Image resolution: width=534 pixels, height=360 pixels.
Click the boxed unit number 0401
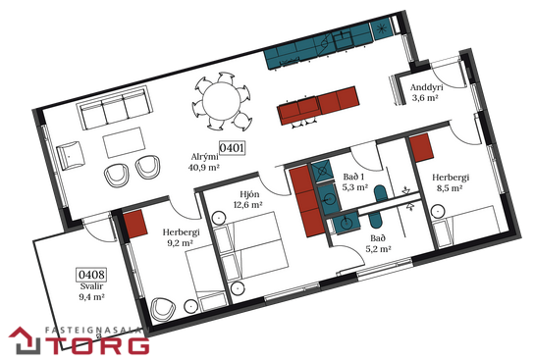point(232,148)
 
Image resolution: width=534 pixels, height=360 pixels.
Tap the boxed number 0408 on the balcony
point(91,275)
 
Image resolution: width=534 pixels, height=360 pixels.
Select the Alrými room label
point(205,157)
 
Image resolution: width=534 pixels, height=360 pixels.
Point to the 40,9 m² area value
point(203,167)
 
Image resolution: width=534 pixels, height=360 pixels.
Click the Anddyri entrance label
point(427,87)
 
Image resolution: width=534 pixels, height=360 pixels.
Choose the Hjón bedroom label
point(249,194)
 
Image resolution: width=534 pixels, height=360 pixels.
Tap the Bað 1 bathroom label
point(353,177)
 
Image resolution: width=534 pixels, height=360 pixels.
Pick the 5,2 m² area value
point(378,249)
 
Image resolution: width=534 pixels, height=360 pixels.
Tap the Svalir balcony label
point(91,286)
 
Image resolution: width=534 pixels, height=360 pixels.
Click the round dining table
point(222,101)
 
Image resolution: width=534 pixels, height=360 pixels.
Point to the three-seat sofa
point(114,107)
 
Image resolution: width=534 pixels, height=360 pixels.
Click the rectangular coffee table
point(125,142)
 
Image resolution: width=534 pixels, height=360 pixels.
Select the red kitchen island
point(318,105)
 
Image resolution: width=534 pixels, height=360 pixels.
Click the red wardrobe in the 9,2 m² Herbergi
point(135,225)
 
